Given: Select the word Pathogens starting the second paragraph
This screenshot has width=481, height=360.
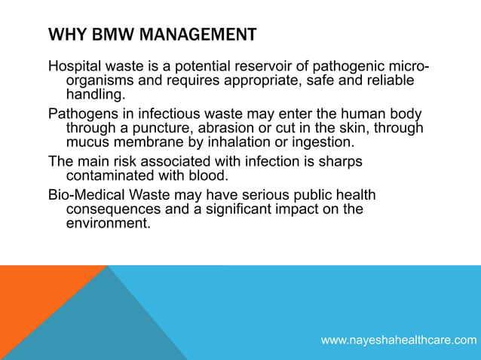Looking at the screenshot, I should [x=82, y=114].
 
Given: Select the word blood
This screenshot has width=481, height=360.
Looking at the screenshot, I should [x=207, y=175].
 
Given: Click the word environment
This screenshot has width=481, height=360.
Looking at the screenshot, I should [x=106, y=224].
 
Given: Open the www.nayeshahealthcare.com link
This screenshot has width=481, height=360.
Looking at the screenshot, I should [x=399, y=340].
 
